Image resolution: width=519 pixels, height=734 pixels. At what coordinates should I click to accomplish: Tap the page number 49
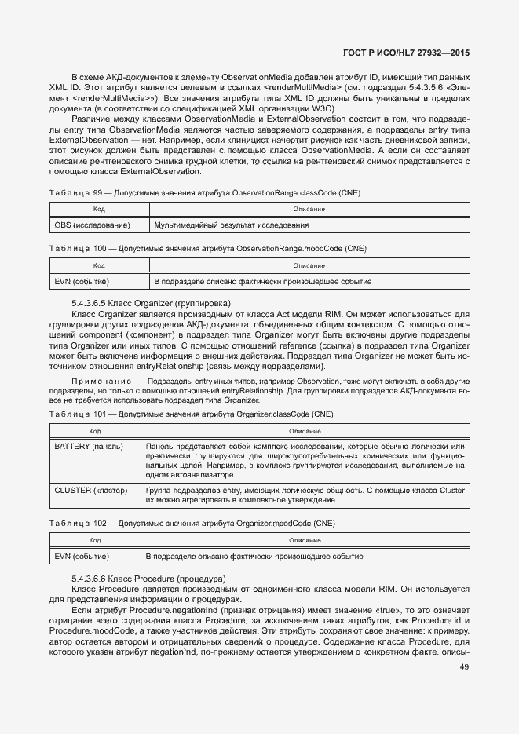point(464,668)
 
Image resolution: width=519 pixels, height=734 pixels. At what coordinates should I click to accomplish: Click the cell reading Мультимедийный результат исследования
point(231,225)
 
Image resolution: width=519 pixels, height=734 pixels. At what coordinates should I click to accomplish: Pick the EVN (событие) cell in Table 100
point(82,281)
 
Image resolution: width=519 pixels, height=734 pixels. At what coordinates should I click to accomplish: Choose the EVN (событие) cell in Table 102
point(82,557)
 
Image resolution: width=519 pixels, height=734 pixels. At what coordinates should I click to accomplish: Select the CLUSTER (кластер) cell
point(90,491)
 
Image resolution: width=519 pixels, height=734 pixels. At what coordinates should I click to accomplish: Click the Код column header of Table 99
point(100,210)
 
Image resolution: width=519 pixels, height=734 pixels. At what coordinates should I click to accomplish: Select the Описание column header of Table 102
point(306,540)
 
